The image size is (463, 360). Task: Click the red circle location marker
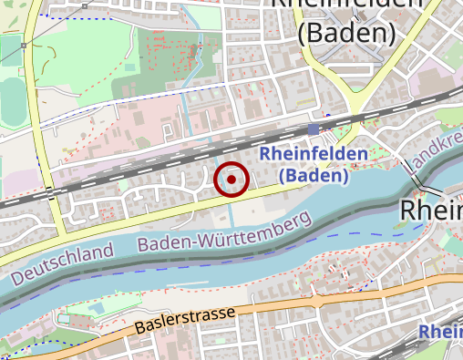pyautogui.click(x=231, y=180)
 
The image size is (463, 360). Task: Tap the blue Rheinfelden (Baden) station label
pyautogui.click(x=314, y=165)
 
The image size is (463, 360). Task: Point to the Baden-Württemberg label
pyautogui.click(x=224, y=233)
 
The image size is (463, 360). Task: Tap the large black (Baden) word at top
pyautogui.click(x=346, y=33)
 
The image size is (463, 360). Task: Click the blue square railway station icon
pyautogui.click(x=314, y=129)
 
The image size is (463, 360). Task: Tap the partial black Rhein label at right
pyautogui.click(x=431, y=211)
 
